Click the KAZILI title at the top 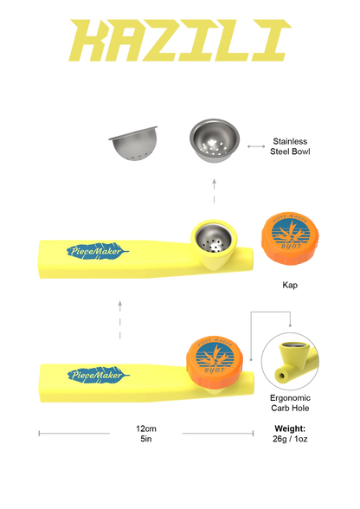(180, 40)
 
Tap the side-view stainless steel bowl (133, 144)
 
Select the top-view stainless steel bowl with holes (215, 140)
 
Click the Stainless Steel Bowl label (290, 146)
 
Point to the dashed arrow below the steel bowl (215, 190)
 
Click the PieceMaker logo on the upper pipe (98, 251)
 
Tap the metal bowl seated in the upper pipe (214, 239)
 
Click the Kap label (290, 285)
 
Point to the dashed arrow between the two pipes (120, 320)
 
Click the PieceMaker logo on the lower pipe (99, 376)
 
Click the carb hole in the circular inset (280, 376)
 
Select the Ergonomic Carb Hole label (290, 403)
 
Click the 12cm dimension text (146, 428)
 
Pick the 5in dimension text (146, 439)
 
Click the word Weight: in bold (290, 428)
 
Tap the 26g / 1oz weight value (290, 439)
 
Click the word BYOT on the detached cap (291, 247)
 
